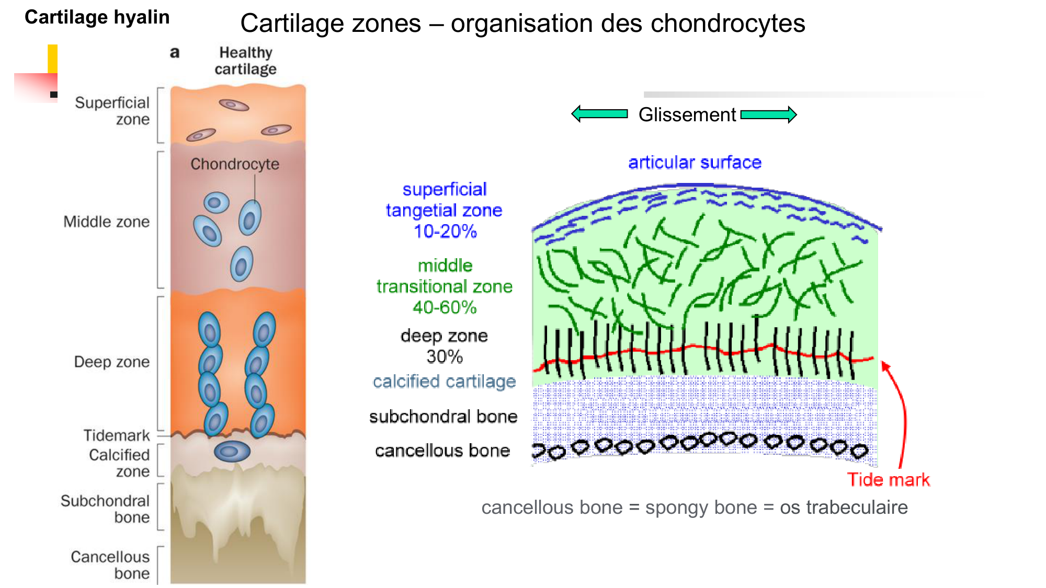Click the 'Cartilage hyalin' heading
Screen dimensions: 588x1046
tap(97, 17)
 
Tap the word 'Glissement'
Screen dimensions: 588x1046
tap(687, 114)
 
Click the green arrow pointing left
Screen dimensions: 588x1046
tap(599, 113)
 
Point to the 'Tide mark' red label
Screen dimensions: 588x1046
tap(888, 479)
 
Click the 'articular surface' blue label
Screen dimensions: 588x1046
tap(695, 162)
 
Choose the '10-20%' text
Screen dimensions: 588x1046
tap(445, 231)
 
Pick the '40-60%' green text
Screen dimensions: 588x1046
tap(445, 307)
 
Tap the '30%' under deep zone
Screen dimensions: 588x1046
tap(445, 356)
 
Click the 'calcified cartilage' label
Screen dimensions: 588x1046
tap(444, 382)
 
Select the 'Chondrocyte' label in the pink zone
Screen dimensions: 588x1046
tap(234, 164)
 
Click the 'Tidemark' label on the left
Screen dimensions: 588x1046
tap(117, 435)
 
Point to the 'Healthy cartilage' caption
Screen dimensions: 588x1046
tap(245, 61)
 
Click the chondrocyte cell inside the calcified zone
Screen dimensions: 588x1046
tap(232, 451)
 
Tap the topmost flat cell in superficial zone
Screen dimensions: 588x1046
tap(234, 105)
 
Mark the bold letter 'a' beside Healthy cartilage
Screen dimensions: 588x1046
tap(175, 52)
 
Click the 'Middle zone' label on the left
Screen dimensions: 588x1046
tap(106, 222)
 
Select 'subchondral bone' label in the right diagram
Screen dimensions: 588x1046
tap(443, 417)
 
